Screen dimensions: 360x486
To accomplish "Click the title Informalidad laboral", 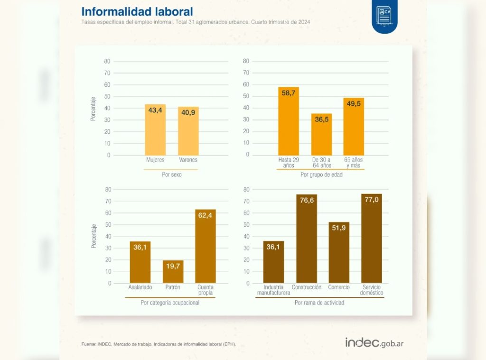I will (137, 11).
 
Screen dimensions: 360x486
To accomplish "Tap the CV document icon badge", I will (384, 17).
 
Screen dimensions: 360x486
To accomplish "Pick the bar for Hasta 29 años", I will (288, 121).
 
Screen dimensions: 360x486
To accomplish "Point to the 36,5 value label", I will (321, 120).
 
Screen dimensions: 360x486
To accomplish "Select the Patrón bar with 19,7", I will (173, 271).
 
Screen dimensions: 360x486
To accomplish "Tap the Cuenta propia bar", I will (206, 246).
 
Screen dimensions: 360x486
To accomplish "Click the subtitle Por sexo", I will (172, 175).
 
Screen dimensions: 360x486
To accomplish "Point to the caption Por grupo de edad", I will (321, 175).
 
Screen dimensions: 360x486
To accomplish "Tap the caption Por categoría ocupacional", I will (170, 303).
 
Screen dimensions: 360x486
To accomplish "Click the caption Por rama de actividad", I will (319, 303).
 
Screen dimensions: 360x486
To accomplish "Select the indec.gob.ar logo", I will (374, 342).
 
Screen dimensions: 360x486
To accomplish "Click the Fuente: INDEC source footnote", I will (159, 344).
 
